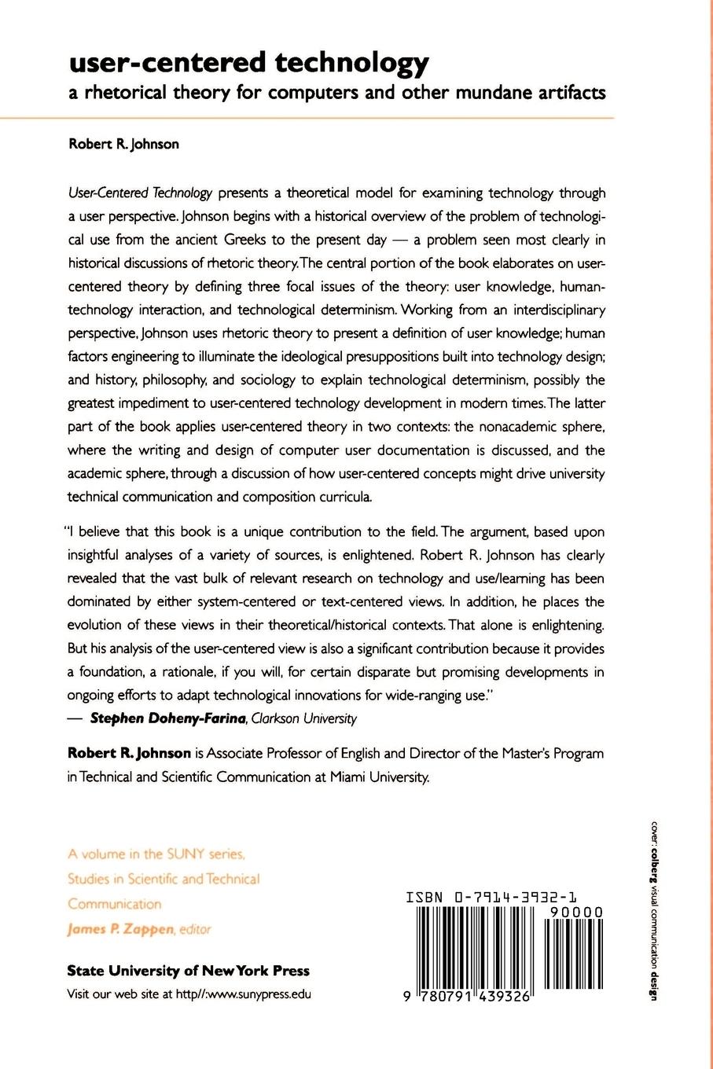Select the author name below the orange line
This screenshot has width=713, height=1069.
[x=123, y=144]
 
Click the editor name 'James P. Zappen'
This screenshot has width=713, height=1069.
[x=120, y=929]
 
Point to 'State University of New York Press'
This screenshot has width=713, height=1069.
[x=189, y=971]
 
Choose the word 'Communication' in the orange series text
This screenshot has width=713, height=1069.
[x=114, y=904]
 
